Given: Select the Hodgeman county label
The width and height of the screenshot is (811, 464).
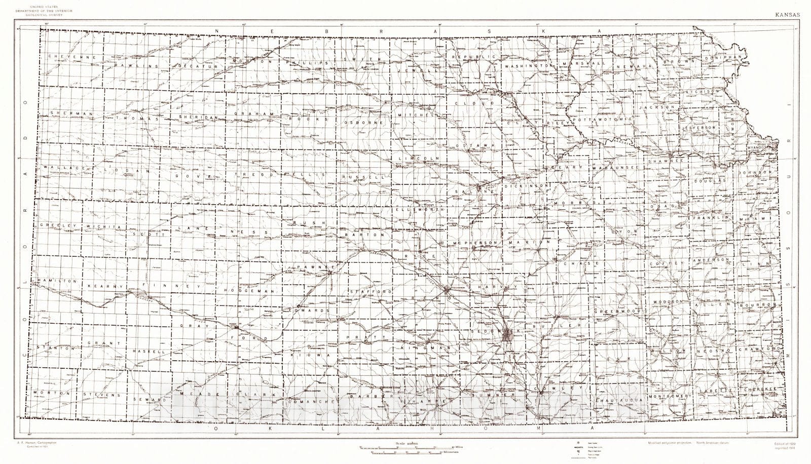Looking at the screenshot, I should click(249, 291).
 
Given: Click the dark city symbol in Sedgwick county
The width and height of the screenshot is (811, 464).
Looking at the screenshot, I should click(509, 334).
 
